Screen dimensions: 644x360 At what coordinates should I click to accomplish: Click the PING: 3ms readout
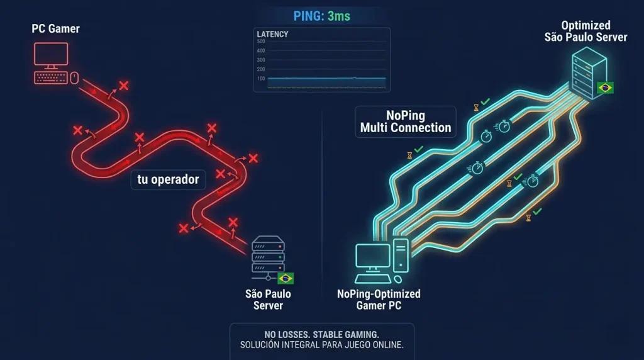(x=321, y=16)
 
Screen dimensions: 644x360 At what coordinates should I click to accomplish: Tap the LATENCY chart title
(x=272, y=34)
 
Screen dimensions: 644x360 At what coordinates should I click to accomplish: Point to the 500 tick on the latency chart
(x=261, y=42)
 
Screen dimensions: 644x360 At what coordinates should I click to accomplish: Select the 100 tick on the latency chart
(x=261, y=79)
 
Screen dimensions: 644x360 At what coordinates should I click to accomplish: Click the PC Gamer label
(x=55, y=29)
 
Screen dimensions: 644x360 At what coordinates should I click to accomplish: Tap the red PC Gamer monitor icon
(x=51, y=55)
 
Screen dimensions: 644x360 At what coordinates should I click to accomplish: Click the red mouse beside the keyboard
(x=74, y=77)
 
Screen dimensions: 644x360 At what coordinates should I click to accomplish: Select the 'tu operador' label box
(x=168, y=179)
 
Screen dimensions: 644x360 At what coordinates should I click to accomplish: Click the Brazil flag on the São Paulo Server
(x=286, y=279)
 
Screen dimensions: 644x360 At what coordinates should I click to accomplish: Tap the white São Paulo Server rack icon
(x=268, y=257)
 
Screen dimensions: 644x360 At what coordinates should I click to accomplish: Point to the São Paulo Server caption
(x=268, y=300)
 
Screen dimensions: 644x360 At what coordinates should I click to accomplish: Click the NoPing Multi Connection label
(x=406, y=121)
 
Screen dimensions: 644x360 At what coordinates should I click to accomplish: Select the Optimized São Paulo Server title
(x=586, y=31)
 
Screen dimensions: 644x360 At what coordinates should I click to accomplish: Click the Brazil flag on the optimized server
(x=605, y=87)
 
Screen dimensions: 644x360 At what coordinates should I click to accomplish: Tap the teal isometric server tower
(x=589, y=73)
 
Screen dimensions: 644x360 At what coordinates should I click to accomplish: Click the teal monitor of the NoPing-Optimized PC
(x=373, y=258)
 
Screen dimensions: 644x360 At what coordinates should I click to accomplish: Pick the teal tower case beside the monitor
(x=401, y=256)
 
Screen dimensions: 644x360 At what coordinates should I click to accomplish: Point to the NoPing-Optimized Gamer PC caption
(x=379, y=300)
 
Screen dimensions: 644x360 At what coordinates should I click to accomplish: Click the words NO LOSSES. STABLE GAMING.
(x=321, y=335)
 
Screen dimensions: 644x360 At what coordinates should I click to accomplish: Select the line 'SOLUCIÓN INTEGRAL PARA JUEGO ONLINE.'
(x=321, y=345)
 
